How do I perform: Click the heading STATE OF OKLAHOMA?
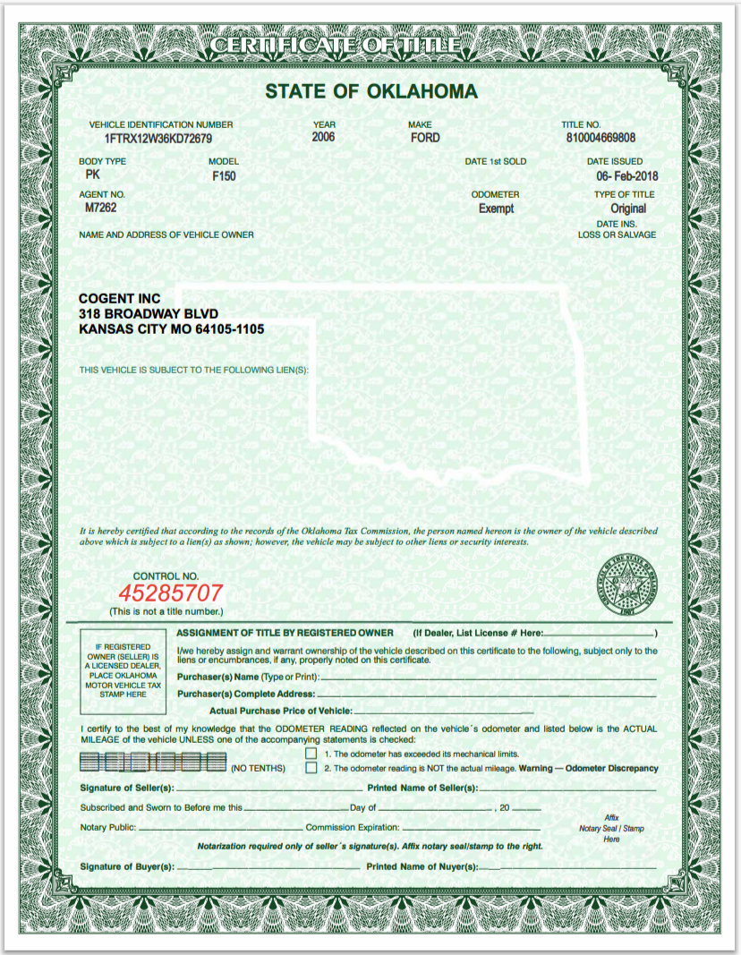[x=370, y=91]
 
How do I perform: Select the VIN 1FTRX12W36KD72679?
[x=158, y=139]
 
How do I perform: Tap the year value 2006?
[x=323, y=138]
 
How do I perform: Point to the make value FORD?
[x=425, y=138]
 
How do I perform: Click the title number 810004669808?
[x=601, y=139]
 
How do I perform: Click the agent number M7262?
[x=101, y=208]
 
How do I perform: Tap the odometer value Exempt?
[x=497, y=209]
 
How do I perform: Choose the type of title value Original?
[x=628, y=209]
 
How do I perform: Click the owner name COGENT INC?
[x=120, y=298]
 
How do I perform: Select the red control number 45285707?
[x=171, y=593]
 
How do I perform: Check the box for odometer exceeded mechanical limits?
[x=311, y=754]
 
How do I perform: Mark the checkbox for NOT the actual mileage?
[x=311, y=768]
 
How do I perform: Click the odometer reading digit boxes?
[x=153, y=763]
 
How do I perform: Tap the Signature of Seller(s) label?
[x=127, y=789]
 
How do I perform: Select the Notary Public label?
[x=108, y=828]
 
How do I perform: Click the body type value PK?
[x=92, y=175]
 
